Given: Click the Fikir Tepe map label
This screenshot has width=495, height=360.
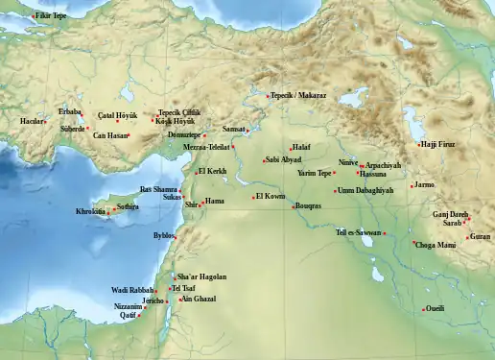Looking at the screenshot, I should [x=52, y=16].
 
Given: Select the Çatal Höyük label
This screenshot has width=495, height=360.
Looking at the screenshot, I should [x=99, y=114].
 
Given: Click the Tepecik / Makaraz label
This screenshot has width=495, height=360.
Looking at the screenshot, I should [x=299, y=96].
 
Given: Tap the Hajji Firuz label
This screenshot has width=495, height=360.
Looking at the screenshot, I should [x=438, y=144].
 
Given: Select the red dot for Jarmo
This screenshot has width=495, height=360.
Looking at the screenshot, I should [x=412, y=185].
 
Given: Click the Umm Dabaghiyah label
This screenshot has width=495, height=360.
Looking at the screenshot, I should [x=366, y=190].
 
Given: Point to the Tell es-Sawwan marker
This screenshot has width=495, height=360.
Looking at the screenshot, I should [x=385, y=233].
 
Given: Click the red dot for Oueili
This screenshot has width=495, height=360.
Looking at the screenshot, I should [x=421, y=308].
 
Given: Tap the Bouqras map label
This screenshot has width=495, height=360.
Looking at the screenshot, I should [x=307, y=205].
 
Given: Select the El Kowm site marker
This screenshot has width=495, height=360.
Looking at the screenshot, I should [x=253, y=197].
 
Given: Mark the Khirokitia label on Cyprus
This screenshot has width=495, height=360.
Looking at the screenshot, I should [x=91, y=211].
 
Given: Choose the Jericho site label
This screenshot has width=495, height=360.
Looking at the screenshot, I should [x=154, y=300].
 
